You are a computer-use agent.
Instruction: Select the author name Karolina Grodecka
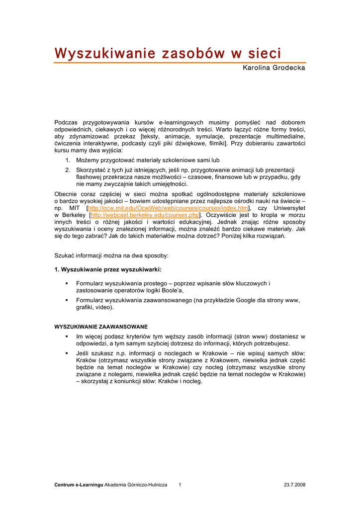point(274,68)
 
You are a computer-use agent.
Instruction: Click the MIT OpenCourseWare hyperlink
point(169,208)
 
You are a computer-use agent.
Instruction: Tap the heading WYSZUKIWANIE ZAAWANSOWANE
point(101,327)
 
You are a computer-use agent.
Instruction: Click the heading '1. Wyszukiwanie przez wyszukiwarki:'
point(107,269)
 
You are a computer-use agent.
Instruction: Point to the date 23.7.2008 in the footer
point(294,484)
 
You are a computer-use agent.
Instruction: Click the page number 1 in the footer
point(180,484)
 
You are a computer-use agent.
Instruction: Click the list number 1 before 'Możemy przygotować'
point(67,161)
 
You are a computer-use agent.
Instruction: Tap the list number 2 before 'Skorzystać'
point(67,170)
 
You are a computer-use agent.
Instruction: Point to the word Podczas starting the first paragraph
point(66,122)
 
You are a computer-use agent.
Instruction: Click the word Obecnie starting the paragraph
point(66,194)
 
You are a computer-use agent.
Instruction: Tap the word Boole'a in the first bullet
point(171,290)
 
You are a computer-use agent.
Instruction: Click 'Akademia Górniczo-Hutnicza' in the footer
point(136,484)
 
